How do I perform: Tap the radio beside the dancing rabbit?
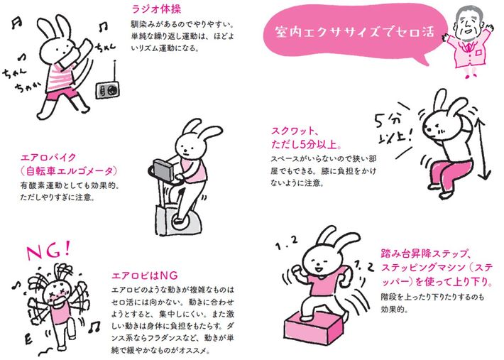(109, 89)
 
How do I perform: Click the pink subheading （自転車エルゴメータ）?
(69, 173)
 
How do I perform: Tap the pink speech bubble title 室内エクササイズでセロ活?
(346, 33)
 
